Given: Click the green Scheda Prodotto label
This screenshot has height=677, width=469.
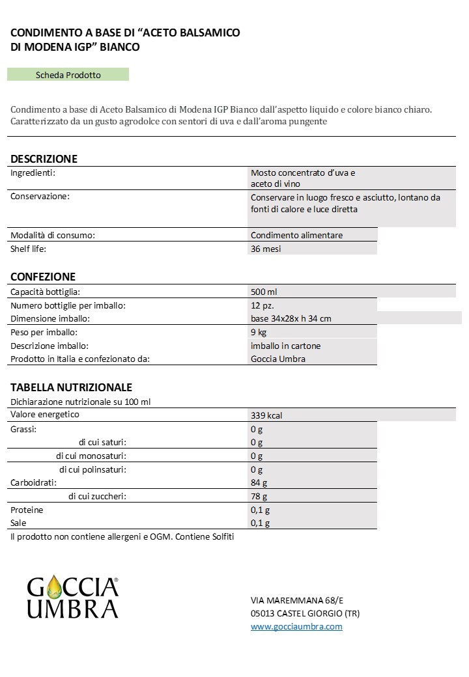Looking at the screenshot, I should coord(68,75).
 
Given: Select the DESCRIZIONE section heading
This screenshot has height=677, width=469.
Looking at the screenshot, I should coord(44,159).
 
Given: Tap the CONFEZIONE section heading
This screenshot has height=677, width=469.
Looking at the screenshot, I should coord(43,277).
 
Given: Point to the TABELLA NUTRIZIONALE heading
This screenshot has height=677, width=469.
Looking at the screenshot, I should coord(71,387).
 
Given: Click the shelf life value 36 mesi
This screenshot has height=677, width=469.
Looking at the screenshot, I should coord(266,249).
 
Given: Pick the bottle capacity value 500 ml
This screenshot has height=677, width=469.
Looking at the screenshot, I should coord(264,292).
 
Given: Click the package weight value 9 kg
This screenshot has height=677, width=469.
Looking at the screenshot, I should coord(259,332).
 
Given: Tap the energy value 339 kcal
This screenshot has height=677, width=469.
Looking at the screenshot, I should coord(266,416).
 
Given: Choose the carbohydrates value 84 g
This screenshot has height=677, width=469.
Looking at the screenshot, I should coord(259,483).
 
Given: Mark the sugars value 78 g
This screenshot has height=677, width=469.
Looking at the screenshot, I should coord(259,497).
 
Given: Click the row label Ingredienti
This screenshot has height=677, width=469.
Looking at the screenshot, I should coord(33,173).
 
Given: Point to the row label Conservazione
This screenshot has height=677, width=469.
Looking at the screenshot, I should coord(40,196).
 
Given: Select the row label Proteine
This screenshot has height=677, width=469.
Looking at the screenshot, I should coord(27,510).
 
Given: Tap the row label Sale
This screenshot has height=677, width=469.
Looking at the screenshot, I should coord(18,523).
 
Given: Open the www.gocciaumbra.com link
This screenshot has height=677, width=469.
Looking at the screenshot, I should coord(296,626).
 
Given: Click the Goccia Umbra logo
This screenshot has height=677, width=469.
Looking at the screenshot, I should coord(72,598).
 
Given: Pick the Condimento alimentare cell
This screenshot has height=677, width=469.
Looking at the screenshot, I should coord(296,235).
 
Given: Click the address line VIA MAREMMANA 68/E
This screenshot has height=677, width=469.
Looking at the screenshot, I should coord(295,600).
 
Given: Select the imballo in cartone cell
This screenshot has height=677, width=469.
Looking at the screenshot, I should coord(285,346).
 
